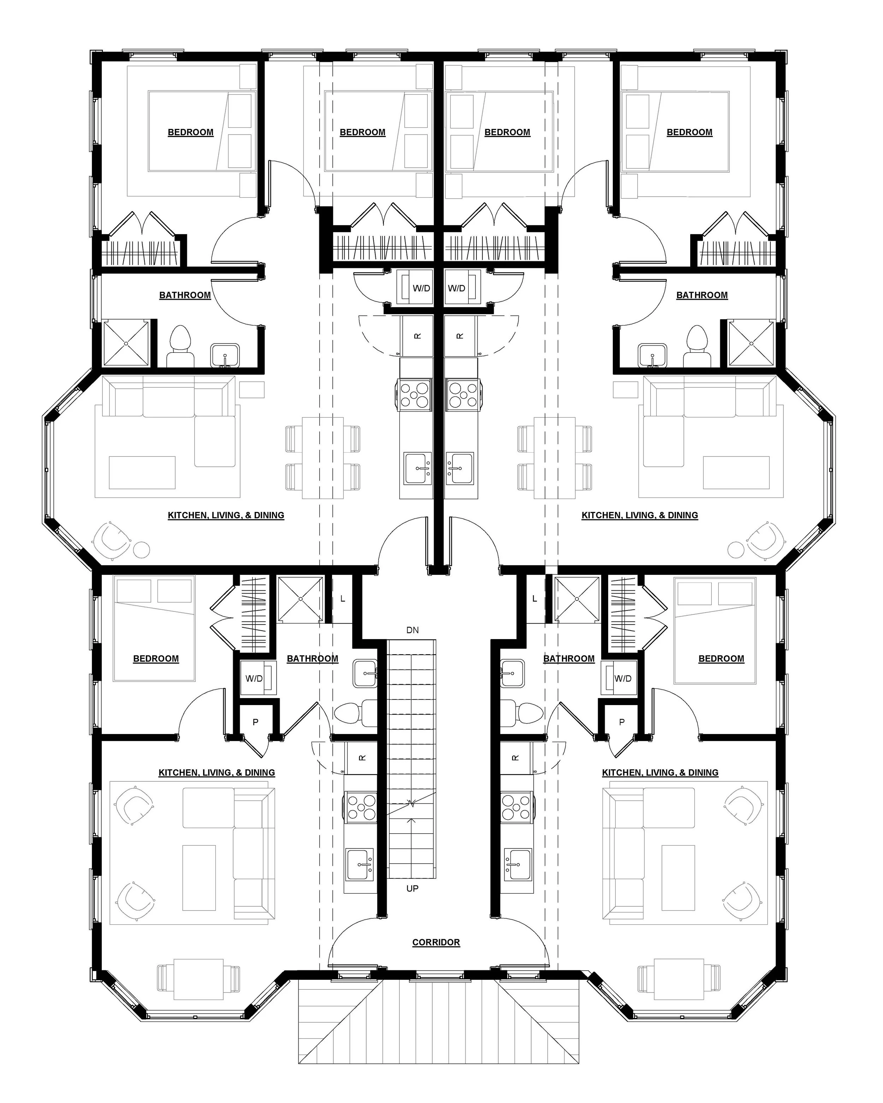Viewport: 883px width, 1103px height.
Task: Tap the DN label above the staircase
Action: point(413,630)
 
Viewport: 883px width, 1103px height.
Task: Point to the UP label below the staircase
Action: point(412,889)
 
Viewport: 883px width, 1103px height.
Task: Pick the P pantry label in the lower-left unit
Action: point(255,722)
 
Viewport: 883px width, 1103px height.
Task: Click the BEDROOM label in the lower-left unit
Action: point(156,658)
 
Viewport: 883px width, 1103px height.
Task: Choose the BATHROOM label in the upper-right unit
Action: point(701,295)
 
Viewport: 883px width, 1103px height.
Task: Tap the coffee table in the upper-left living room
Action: point(142,472)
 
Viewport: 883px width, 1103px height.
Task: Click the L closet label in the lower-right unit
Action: point(534,598)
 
